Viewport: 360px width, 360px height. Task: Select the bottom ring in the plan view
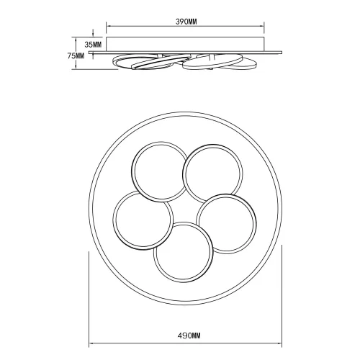coord(182,252)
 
